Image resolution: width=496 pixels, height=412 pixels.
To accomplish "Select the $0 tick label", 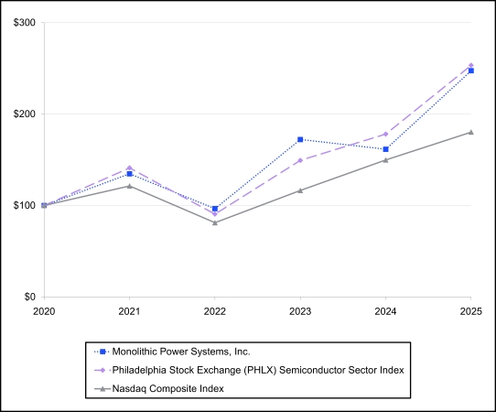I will coord(29,298).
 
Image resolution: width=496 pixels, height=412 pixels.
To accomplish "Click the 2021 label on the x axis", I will coord(129,311).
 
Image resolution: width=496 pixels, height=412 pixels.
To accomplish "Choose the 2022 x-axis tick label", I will coord(215,311).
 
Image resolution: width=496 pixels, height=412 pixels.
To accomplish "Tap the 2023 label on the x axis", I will coord(300,311).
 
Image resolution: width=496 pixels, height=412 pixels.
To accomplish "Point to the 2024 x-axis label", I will coord(385,311).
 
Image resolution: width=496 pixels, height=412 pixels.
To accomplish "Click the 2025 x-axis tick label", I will coord(470,311).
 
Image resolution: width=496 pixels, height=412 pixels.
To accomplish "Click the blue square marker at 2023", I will coord(300,139).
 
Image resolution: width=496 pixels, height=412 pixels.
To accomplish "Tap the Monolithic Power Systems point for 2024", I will coord(385,149).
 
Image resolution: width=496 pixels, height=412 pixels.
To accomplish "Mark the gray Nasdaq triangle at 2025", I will coord(470,132).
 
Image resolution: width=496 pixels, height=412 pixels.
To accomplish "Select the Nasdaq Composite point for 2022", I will coord(215,222).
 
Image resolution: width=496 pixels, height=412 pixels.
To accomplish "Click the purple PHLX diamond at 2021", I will coord(129,168).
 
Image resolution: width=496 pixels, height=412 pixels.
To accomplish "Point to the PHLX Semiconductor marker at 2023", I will coord(300,160).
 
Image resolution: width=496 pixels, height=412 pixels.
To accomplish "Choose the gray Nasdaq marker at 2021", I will coord(129,186).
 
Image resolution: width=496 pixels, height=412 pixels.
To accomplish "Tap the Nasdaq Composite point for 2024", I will coord(385,160).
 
